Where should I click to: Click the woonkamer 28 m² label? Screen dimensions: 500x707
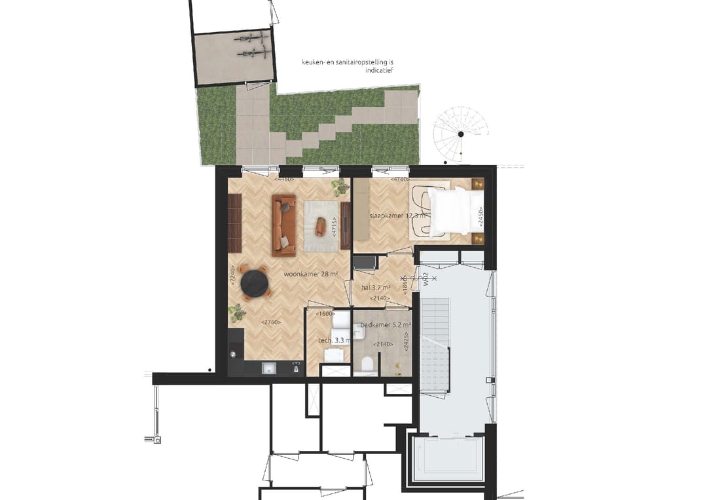310,275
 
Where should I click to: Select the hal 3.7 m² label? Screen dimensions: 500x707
376,287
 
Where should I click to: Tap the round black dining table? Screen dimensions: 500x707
255,282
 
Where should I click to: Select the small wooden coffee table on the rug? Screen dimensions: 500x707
320,225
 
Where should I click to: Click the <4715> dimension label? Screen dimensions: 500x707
335,227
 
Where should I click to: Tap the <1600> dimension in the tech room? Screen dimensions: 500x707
325,314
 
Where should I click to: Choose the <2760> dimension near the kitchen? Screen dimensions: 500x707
271,322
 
